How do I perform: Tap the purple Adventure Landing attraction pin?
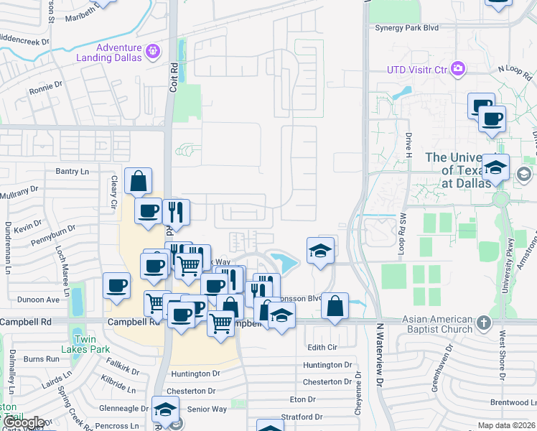pos(152,51)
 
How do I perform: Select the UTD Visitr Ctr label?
pos(417,70)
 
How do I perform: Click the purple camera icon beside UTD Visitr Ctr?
pos(458,70)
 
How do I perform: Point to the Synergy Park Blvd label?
pos(406,28)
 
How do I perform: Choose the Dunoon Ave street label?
pos(38,300)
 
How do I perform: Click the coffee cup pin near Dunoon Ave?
pos(116,286)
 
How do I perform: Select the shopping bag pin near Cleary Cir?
pos(138,181)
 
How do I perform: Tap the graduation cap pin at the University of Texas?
pos(495,167)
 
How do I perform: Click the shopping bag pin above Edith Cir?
pos(335,306)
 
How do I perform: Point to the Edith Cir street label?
pos(322,348)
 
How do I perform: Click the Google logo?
pos(24,423)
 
